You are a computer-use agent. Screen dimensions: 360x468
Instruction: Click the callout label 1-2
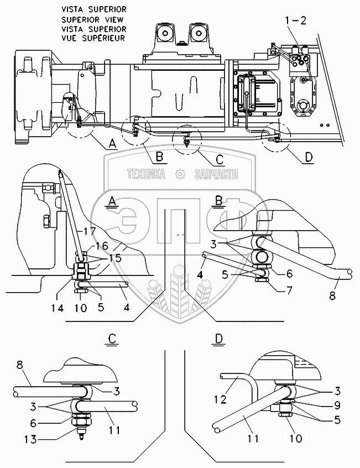click(295, 20)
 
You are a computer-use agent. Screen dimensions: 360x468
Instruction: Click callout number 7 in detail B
click(289, 290)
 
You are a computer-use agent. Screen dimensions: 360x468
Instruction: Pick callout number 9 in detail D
click(337, 405)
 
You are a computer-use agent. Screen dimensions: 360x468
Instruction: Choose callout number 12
click(221, 399)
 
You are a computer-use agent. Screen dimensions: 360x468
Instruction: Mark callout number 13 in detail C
click(30, 439)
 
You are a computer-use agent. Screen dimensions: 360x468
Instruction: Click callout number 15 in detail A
click(115, 258)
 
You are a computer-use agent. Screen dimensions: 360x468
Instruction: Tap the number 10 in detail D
click(295, 438)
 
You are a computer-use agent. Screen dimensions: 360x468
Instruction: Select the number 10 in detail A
click(80, 308)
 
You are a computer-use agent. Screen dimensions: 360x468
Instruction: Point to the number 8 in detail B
click(332, 295)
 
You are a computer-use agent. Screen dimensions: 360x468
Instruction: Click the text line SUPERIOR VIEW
click(92, 20)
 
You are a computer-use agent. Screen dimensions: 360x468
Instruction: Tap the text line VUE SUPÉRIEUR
click(93, 38)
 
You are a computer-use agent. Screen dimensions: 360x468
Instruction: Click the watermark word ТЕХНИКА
click(146, 174)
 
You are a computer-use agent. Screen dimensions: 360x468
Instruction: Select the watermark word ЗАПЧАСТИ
click(216, 174)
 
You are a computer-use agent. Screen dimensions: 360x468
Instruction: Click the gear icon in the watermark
click(180, 174)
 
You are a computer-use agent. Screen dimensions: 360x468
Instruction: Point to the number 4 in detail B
click(200, 274)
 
